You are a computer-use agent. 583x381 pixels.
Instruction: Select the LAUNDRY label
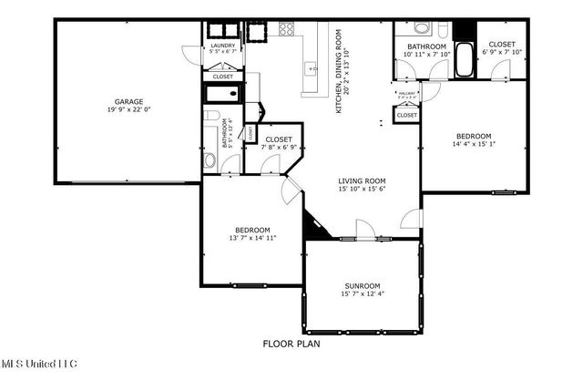pos(223,46)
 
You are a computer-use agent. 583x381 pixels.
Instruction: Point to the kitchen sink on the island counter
pos(312,67)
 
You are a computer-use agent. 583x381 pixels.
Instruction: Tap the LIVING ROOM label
pos(362,180)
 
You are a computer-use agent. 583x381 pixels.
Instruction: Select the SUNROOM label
pos(362,285)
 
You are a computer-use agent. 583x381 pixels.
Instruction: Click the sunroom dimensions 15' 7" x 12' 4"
pos(362,294)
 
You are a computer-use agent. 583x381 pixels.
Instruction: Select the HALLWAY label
pos(406,92)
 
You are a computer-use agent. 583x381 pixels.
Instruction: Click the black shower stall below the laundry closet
pos(223,94)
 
